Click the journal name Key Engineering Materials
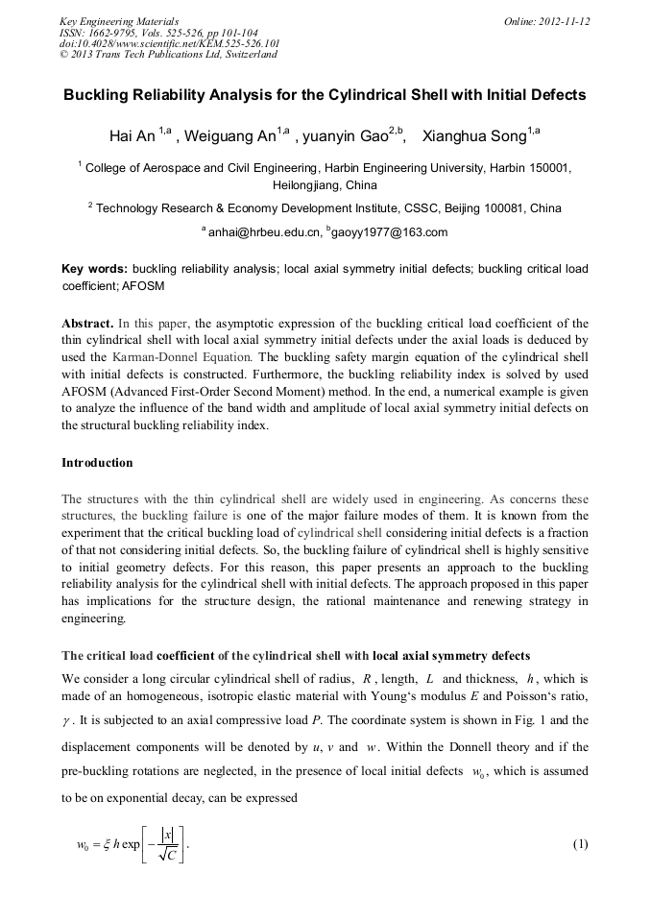[119, 21]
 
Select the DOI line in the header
[157, 43]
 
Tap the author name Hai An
[133, 136]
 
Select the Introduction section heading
[97, 463]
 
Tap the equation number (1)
[579, 844]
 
